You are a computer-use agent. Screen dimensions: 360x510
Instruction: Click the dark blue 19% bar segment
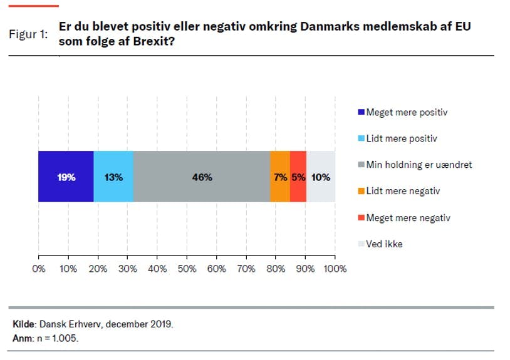[66, 177]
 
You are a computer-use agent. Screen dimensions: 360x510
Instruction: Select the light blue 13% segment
[113, 177]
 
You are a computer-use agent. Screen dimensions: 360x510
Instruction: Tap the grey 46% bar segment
[202, 177]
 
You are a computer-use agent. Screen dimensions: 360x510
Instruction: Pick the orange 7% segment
[279, 177]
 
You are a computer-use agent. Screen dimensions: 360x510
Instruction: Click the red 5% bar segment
[298, 177]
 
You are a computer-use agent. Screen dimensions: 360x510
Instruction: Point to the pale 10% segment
[321, 177]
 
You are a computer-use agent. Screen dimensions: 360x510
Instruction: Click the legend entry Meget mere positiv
[407, 113]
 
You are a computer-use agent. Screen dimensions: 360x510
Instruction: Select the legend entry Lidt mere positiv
[401, 138]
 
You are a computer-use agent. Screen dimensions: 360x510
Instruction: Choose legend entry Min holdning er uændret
[419, 165]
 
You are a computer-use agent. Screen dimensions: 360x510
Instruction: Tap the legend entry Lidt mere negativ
[402, 191]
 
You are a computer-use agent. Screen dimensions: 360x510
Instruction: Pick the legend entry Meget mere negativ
[408, 218]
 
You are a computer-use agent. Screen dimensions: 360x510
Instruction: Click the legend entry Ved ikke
[384, 244]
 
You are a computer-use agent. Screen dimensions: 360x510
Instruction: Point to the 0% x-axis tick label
[39, 269]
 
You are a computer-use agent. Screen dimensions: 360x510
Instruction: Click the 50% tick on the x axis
[187, 269]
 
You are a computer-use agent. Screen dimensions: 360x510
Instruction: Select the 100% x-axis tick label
[335, 269]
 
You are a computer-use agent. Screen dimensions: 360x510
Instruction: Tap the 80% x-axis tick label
[276, 269]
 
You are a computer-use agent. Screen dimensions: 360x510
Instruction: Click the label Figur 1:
[28, 34]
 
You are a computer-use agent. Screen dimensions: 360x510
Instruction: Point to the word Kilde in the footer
[24, 324]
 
